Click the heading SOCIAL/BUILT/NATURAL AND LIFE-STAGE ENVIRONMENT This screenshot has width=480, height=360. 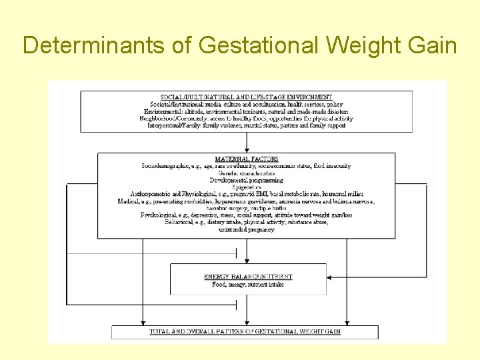pos(247,97)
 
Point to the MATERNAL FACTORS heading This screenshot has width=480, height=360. pos(247,159)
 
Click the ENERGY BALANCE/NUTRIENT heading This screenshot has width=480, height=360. pos(248,277)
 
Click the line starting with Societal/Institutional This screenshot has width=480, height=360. pos(247,104)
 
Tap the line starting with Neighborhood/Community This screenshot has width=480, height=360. pos(247,118)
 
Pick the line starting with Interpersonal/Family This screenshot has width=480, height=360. pos(247,125)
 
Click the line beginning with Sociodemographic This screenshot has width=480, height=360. pos(247,166)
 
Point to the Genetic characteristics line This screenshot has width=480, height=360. pos(247,173)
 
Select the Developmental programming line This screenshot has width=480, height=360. pos(247,180)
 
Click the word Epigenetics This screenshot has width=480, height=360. pos(247,187)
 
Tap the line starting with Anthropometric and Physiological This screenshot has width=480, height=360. pos(247,194)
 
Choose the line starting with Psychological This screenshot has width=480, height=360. pos(247,215)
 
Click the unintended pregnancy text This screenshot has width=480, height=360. pos(247,229)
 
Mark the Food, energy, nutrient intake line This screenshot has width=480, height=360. pos(248,284)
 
